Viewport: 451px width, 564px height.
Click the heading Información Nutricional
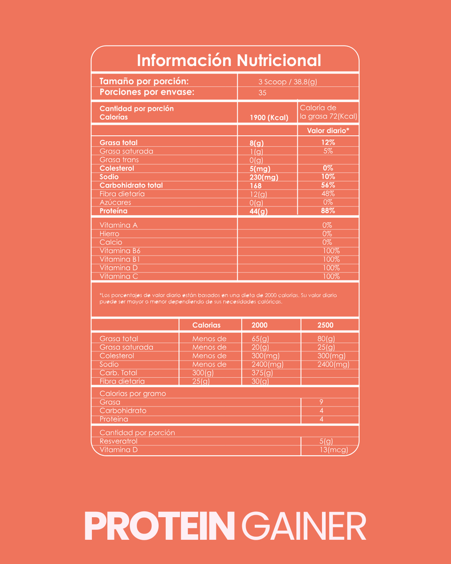(x=229, y=60)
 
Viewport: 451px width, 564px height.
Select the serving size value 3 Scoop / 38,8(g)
(x=288, y=82)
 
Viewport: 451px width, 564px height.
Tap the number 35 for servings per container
(x=262, y=93)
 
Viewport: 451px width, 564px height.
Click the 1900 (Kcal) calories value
(x=269, y=118)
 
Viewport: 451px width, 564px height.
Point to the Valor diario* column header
(x=328, y=130)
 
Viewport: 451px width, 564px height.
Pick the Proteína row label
(x=114, y=211)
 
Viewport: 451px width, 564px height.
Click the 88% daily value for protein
(x=328, y=211)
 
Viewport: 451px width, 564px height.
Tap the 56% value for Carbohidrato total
(x=328, y=186)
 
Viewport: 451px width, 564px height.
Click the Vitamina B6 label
(x=120, y=251)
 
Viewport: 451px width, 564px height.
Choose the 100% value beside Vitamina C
(x=331, y=276)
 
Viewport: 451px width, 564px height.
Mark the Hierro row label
(x=109, y=233)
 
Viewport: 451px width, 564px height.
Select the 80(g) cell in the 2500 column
(x=326, y=339)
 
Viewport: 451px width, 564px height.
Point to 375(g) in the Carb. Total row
(x=262, y=373)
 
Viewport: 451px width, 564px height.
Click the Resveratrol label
(x=118, y=441)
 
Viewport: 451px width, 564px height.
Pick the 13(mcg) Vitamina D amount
(x=333, y=450)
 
